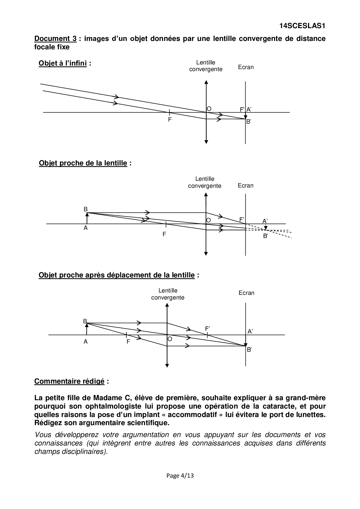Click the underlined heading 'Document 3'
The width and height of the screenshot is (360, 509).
coord(55,39)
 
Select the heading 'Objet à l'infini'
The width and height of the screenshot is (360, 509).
coord(63,63)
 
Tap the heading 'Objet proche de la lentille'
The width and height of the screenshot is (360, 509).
coord(83,163)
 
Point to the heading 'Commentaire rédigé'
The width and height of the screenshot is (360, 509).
coord(69,381)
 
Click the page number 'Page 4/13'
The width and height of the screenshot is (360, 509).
coord(180,476)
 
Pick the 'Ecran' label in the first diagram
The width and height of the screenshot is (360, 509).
coord(246,67)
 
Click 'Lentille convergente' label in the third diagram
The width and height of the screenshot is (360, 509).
coord(168,294)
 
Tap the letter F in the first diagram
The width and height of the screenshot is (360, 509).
coord(170,119)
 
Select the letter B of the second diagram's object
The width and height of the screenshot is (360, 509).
coord(86,210)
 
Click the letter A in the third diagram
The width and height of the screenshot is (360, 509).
coord(86,342)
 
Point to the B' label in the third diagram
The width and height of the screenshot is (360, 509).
coord(249,350)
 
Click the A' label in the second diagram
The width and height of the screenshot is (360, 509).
coord(265,221)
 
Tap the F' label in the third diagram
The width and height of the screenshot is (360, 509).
coord(208,329)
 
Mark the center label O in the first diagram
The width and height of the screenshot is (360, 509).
coord(209,109)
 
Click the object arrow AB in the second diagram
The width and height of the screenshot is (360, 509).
coord(87,219)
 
